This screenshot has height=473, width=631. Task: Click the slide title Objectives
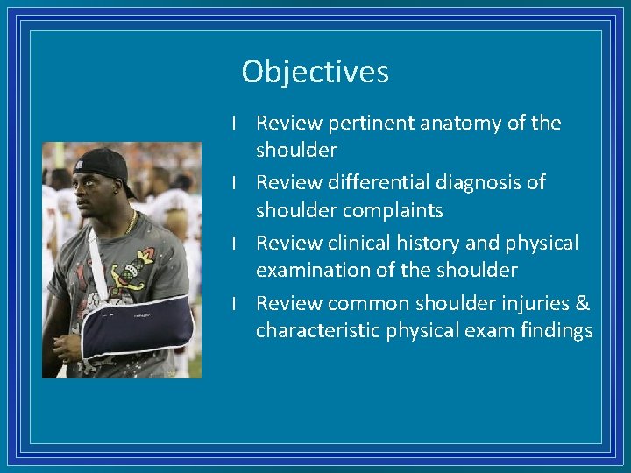[315, 72]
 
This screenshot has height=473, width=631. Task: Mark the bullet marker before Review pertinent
[235, 124]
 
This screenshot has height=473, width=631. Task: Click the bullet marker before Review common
[235, 303]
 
